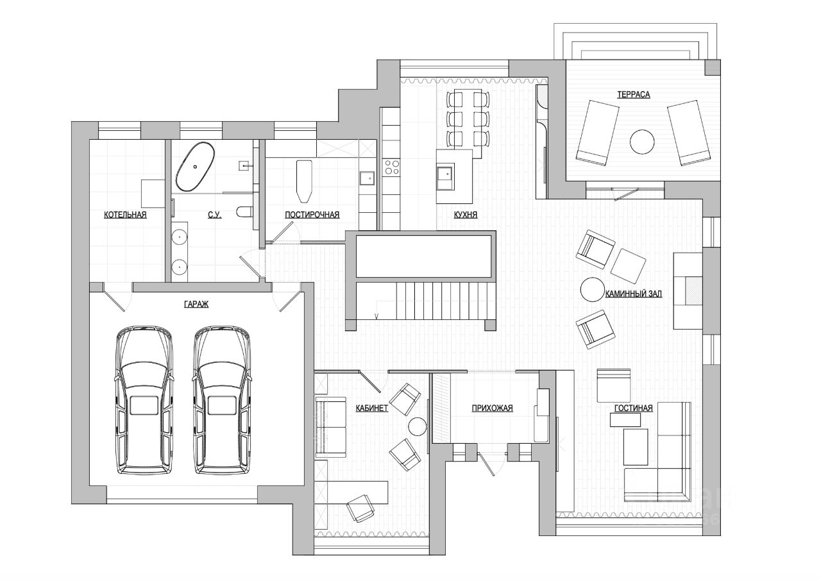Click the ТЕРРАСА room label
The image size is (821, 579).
tap(633, 95)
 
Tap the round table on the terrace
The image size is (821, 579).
tap(641, 142)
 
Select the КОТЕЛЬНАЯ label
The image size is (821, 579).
tap(125, 215)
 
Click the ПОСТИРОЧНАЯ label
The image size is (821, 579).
tap(312, 215)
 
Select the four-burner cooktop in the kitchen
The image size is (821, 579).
tap(391, 167)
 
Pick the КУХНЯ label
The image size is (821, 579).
tap(465, 215)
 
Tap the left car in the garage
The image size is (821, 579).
tap(145, 401)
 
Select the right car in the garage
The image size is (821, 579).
tap(221, 401)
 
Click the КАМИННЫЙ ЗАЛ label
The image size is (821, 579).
tap(633, 294)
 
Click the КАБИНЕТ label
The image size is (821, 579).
tap(372, 408)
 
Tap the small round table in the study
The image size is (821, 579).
tap(418, 426)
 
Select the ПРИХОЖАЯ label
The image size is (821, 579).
tap(492, 408)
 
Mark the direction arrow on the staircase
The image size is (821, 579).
tap(377, 315)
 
